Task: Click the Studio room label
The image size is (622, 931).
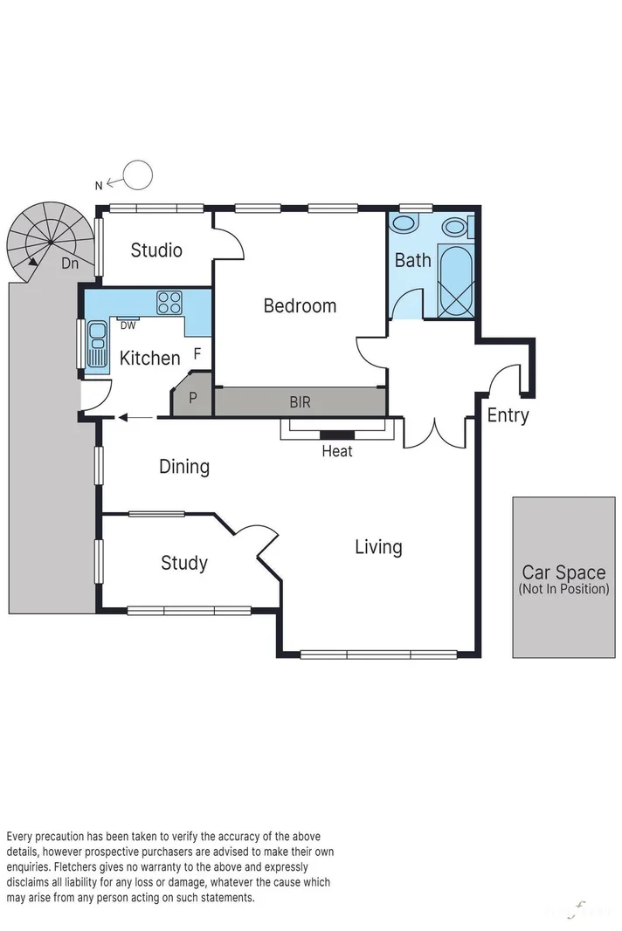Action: pos(156,250)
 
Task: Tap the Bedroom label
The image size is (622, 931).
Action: pos(300,306)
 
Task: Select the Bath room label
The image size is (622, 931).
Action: pos(412,260)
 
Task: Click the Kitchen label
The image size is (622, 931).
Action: pos(149,358)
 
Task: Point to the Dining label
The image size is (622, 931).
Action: pos(184,467)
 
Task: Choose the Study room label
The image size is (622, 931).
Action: pos(184,563)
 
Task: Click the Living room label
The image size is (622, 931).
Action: pos(378,547)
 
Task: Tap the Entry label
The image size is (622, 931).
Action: pos(508,415)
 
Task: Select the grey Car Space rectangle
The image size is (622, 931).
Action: pos(563,577)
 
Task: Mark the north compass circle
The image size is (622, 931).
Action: pos(137,175)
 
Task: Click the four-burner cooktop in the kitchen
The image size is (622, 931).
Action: pos(169,303)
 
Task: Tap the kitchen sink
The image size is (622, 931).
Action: pos(96,344)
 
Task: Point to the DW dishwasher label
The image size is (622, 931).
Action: pos(128,325)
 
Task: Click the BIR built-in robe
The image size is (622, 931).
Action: pos(300,402)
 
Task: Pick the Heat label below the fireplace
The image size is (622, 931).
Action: pos(337,451)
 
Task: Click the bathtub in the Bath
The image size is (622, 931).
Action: pos(456,282)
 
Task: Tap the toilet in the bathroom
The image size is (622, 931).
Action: pos(404,223)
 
